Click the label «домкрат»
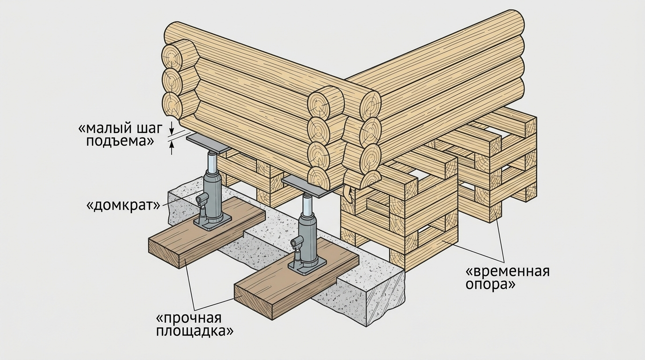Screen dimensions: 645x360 click(x=123, y=205)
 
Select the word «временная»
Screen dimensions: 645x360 click(x=507, y=272)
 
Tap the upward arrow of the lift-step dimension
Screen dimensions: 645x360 click(x=172, y=148)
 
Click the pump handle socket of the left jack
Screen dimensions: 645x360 click(x=202, y=199)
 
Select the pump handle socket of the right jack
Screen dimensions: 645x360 click(x=297, y=241)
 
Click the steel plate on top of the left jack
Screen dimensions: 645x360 click(x=208, y=143)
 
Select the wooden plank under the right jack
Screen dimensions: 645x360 click(x=297, y=278)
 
